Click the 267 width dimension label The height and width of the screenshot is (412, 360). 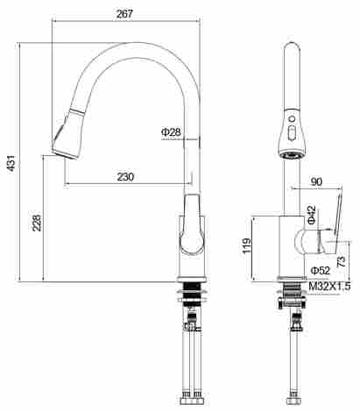(124, 13)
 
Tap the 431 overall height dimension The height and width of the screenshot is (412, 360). (11, 163)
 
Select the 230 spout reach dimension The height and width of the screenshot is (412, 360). (125, 176)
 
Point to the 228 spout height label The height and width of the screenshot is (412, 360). (37, 223)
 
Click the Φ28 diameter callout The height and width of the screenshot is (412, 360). (171, 132)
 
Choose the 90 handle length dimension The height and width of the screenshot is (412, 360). (316, 181)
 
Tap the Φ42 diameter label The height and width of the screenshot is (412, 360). (312, 215)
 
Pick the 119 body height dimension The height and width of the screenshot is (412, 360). (247, 245)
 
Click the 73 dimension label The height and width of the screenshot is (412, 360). (341, 261)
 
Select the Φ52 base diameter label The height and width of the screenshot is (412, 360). (320, 271)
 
